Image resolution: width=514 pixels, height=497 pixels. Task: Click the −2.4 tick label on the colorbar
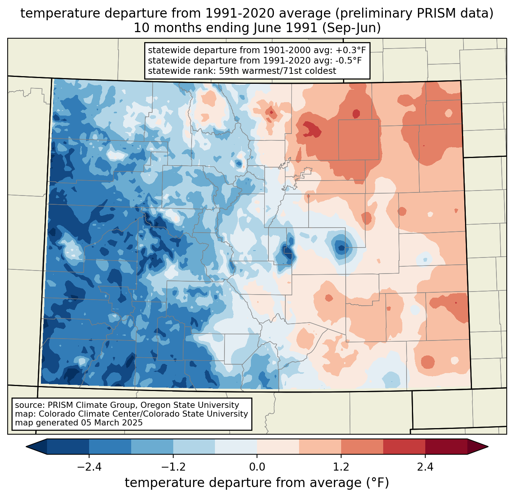pos(89,467)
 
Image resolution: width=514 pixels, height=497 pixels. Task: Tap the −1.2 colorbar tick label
pos(173,467)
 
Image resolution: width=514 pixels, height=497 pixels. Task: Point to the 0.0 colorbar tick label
pos(257,467)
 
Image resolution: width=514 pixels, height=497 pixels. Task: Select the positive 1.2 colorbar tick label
pos(341,467)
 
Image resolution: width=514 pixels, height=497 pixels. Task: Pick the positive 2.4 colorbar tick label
pos(425,467)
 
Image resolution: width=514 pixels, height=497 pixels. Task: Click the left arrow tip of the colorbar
pos(26,446)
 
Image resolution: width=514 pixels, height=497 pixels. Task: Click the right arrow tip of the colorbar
pos(488,446)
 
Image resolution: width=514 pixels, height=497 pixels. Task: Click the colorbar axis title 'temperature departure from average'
pos(243,482)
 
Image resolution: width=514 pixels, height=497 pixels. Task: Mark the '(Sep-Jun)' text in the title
pos(351,28)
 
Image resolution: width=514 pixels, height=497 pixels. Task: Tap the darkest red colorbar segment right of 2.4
pos(446,446)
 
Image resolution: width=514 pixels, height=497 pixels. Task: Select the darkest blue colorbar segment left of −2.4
pos(68,446)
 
